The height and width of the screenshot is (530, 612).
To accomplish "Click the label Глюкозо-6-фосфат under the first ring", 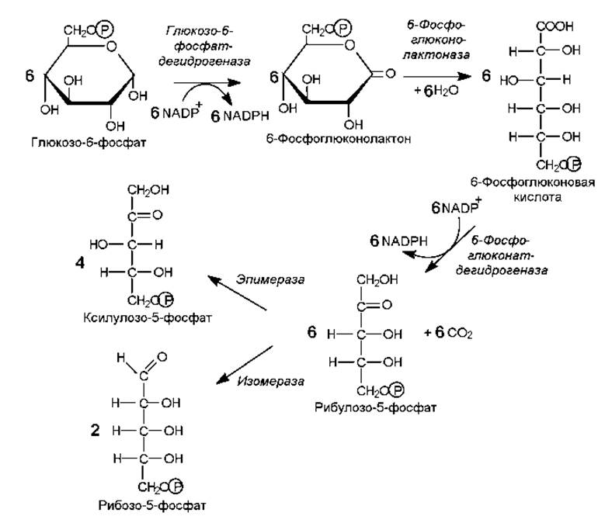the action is coord(89,143).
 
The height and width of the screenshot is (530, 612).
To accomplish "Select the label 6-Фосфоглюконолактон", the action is coord(339,139).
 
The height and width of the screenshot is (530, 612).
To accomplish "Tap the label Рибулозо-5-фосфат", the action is coord(375,408).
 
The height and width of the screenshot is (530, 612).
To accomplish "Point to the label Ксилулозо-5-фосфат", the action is coord(148,318).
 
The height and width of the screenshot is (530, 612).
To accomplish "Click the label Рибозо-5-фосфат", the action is coord(152,506).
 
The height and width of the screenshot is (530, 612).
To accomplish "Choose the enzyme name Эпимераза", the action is coord(270,279).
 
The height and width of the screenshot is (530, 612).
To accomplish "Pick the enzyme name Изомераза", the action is coord(270,381).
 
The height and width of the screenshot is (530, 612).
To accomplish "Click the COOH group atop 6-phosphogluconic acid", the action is coord(555,26).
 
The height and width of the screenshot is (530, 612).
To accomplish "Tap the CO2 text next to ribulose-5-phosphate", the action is coord(460,334).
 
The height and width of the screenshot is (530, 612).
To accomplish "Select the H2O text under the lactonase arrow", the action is coord(446,91).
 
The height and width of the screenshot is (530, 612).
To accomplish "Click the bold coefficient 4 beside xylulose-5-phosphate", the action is coord(80,263).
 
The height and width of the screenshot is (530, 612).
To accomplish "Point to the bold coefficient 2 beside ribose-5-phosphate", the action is coord(95,431).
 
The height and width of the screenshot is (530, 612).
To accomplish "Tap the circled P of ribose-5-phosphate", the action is coord(176,487).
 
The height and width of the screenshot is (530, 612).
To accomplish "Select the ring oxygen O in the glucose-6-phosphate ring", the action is coord(112,47).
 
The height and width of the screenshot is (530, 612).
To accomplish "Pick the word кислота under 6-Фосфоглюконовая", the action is coord(537,197).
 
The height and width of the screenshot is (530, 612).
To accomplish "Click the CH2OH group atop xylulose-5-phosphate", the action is coord(148,190).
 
